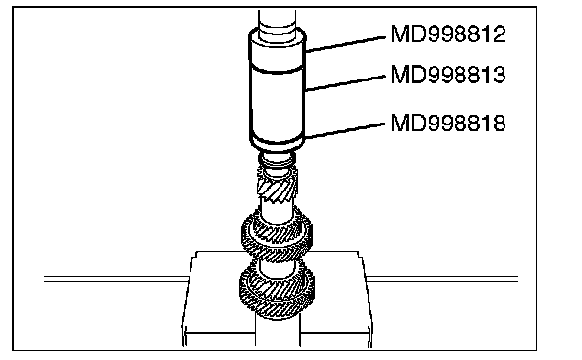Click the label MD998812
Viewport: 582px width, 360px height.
(x=448, y=34)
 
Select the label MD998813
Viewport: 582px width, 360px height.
(x=448, y=75)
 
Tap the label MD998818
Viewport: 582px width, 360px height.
(x=448, y=123)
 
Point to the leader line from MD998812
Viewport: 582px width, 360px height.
(x=346, y=44)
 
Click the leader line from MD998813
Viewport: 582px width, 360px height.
(x=346, y=82)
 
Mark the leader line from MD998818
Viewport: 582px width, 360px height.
(x=346, y=131)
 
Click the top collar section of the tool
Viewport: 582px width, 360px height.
(x=278, y=50)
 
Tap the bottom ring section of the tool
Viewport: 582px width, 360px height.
(x=278, y=143)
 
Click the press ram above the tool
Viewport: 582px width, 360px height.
(x=278, y=21)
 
